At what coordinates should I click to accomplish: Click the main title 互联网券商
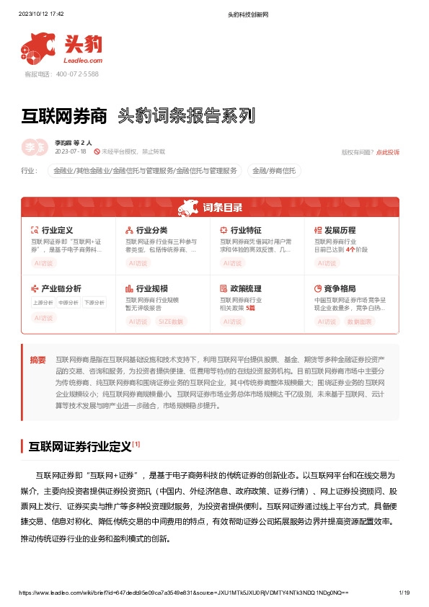click(x=65, y=115)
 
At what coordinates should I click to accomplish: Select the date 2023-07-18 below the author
click(x=70, y=152)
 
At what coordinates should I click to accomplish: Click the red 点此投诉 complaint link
click(x=388, y=152)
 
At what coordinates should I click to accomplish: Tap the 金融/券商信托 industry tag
click(x=274, y=171)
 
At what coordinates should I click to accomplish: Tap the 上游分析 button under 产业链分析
click(x=42, y=302)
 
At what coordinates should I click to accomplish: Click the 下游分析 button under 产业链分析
click(x=94, y=302)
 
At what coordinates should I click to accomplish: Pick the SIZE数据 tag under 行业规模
click(x=171, y=321)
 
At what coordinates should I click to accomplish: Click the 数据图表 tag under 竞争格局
click(x=359, y=321)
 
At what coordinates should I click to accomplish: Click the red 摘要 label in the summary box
click(x=37, y=358)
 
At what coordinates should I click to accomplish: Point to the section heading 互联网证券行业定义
click(x=80, y=447)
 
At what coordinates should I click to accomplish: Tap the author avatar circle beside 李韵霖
click(x=32, y=147)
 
